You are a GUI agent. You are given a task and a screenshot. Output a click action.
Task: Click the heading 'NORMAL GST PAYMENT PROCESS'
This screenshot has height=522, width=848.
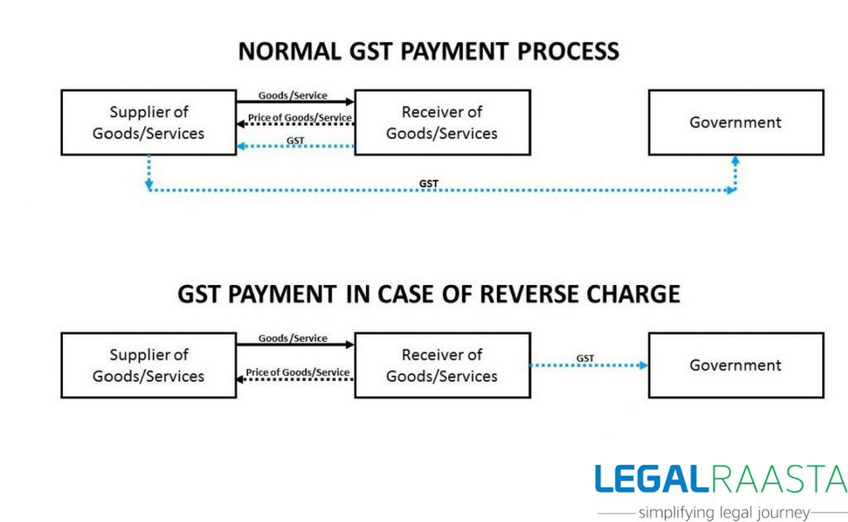click(428, 51)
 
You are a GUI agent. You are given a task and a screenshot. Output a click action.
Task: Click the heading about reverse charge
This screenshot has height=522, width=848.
click(428, 294)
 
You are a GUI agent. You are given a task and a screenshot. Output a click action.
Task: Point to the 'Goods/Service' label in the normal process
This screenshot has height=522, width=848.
click(292, 96)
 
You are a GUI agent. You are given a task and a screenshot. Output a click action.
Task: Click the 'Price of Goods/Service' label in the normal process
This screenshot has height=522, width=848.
click(300, 118)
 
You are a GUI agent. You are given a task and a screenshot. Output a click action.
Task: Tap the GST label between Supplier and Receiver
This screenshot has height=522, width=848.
click(296, 141)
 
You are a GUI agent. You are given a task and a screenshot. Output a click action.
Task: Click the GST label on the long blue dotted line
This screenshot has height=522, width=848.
click(429, 184)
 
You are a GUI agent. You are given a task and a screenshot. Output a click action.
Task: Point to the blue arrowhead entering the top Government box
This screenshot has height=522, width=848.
click(735, 161)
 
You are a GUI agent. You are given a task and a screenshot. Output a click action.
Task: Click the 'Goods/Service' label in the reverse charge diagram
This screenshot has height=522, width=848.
click(292, 339)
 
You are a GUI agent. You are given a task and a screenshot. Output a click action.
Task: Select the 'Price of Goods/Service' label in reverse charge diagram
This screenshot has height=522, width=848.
click(297, 372)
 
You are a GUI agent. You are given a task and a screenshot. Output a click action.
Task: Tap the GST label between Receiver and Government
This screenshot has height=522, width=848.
click(585, 358)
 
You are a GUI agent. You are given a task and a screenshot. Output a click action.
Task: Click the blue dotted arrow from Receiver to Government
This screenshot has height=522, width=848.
click(589, 365)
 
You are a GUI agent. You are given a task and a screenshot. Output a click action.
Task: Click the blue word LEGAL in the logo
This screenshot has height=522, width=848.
click(652, 479)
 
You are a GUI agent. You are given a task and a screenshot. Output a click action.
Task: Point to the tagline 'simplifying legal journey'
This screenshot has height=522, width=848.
click(724, 512)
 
